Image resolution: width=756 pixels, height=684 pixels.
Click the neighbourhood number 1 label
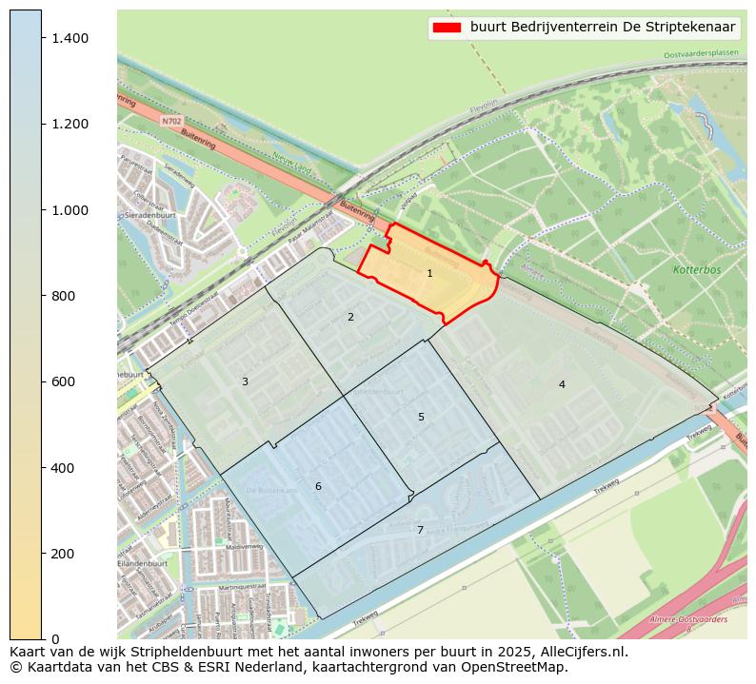[x=429, y=274]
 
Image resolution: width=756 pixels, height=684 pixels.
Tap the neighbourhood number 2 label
[x=350, y=318]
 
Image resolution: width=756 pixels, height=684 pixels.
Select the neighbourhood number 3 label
[x=245, y=382]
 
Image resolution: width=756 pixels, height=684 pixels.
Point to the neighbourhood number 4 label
[x=562, y=385]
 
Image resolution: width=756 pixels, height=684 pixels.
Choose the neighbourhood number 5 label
[x=421, y=418]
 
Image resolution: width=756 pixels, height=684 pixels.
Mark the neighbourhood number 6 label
[x=318, y=487]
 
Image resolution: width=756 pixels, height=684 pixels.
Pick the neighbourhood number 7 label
[x=420, y=531]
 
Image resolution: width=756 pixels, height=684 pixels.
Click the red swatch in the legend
[x=447, y=28]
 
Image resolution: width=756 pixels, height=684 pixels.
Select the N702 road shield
[x=170, y=122]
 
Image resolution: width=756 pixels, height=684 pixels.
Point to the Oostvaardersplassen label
[x=701, y=55]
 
